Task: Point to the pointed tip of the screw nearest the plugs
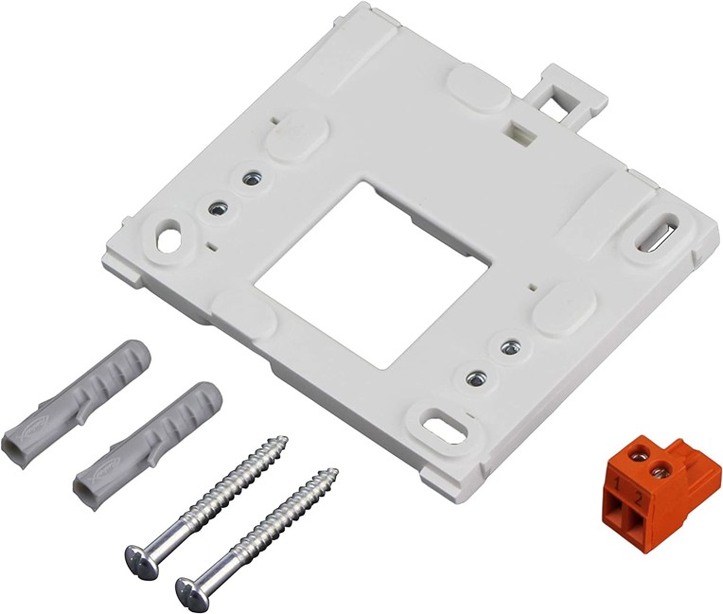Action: (x=284, y=439)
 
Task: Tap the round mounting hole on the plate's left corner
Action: (x=171, y=237)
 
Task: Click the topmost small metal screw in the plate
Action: (x=252, y=178)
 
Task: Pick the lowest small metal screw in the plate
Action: (x=475, y=377)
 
